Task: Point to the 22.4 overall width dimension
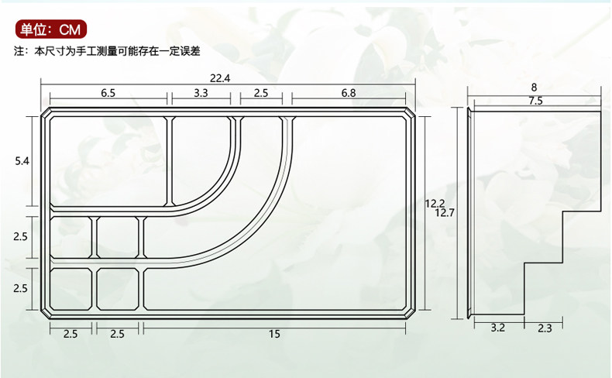tap(220, 77)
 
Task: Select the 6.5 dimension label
tap(108, 93)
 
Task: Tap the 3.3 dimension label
tap(201, 93)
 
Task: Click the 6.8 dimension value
tap(349, 93)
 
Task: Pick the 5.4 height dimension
tap(22, 161)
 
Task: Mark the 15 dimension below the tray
tap(275, 334)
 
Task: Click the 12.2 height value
tap(434, 204)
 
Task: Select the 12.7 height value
tap(445, 212)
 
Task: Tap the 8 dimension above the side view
tap(534, 88)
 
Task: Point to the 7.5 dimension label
tap(535, 101)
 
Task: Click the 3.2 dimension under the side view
tap(497, 328)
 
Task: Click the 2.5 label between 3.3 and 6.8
tap(260, 93)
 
